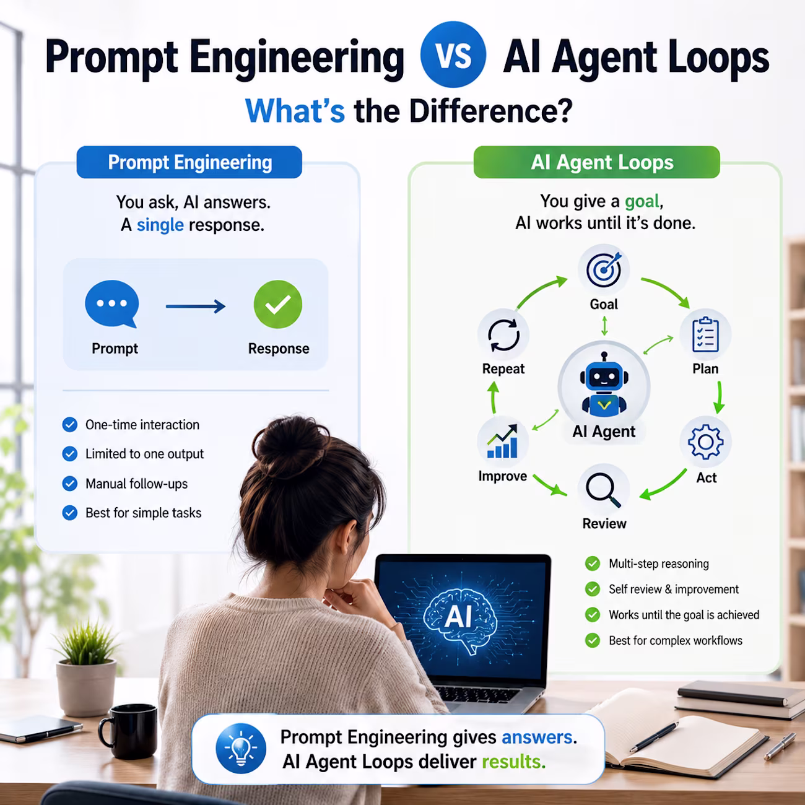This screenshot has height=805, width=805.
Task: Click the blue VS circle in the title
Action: (453, 54)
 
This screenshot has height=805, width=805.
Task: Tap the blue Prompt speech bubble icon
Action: (112, 303)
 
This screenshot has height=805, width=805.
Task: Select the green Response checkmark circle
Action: (278, 304)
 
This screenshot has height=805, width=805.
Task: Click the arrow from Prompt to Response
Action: (196, 306)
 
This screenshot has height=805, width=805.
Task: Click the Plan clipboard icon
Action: (705, 334)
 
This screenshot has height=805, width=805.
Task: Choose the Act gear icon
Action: (705, 442)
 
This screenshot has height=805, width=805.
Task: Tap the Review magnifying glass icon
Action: (603, 490)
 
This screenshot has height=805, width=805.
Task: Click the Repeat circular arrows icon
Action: (504, 335)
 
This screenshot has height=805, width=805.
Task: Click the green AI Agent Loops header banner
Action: (596, 162)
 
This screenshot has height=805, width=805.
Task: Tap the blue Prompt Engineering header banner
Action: (189, 162)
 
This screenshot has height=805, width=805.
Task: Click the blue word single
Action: (160, 225)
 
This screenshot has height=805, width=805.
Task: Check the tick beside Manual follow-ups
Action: (70, 484)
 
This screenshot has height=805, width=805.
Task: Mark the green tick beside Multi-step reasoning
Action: (593, 563)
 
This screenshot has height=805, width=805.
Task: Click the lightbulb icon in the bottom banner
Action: (241, 749)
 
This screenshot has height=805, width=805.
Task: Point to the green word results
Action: (513, 762)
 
